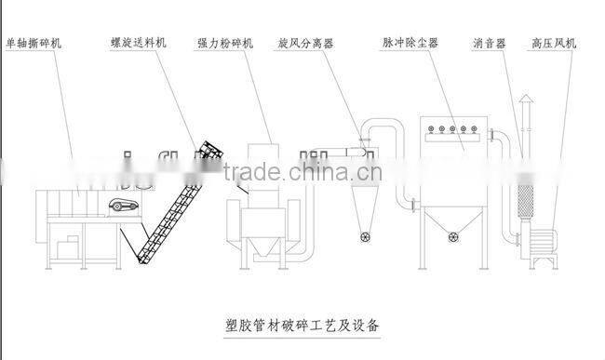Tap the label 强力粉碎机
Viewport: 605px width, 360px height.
click(223, 43)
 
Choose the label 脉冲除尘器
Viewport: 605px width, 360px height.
click(410, 43)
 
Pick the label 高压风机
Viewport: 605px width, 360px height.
click(554, 43)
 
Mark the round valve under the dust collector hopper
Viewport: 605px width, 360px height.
click(454, 234)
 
